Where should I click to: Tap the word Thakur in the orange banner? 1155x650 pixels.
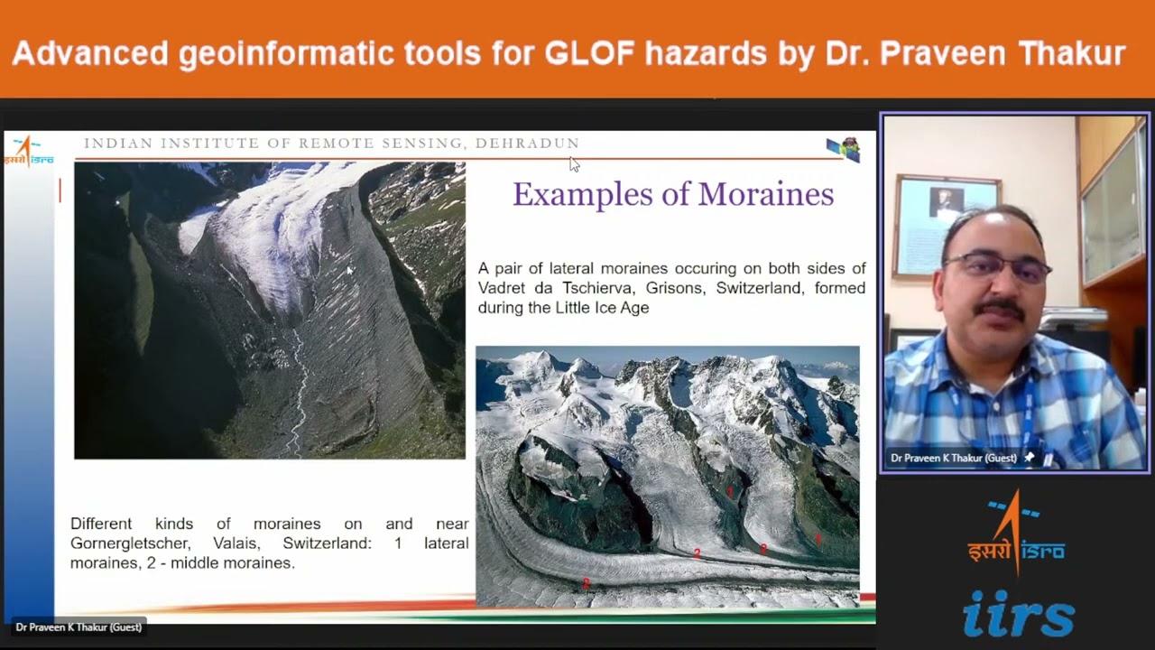[x=1071, y=53]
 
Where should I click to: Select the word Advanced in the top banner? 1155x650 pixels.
[x=90, y=53]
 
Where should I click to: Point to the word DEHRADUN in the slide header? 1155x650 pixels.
[x=527, y=144]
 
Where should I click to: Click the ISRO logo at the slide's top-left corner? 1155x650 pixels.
[x=28, y=151]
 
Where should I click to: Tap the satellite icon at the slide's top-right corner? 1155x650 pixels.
[x=845, y=149]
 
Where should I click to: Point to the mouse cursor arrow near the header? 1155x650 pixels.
[x=574, y=164]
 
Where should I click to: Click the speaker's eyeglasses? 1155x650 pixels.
[x=995, y=268]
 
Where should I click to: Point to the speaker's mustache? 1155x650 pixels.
[x=999, y=308]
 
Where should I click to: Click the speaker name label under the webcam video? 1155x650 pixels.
[x=954, y=459]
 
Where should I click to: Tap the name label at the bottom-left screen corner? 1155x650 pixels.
[x=79, y=627]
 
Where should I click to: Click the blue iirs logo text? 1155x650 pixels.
[x=1018, y=614]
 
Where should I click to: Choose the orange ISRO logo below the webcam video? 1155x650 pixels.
[x=1016, y=534]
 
